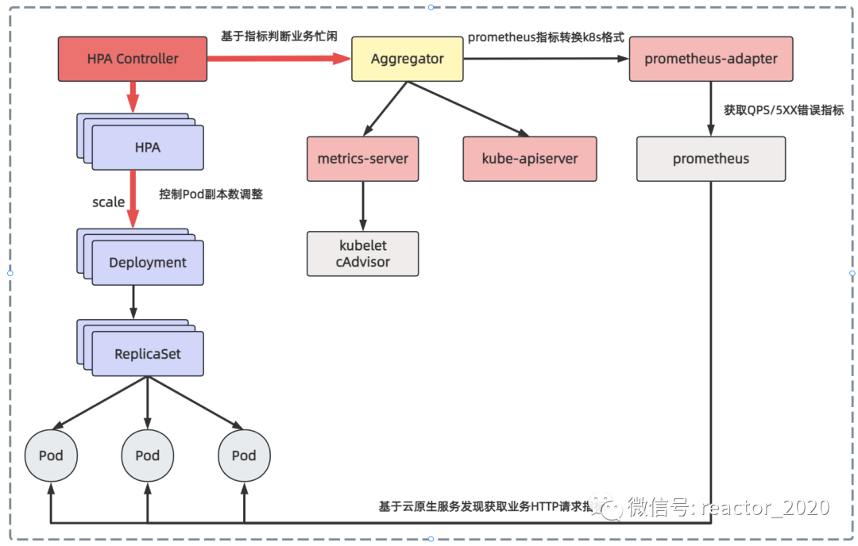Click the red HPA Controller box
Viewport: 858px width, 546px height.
tap(132, 59)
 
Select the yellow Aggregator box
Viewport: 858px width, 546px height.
tap(408, 59)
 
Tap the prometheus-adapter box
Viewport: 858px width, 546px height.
tap(711, 59)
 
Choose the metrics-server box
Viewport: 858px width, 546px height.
tap(362, 159)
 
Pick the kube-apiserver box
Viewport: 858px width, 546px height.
tap(530, 159)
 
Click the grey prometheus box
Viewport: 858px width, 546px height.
tap(710, 159)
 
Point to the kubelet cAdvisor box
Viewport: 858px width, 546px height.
tap(362, 254)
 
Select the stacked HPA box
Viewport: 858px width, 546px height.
tap(147, 148)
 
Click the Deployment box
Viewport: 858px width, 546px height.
tap(147, 263)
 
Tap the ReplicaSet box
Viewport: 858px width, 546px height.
tap(147, 354)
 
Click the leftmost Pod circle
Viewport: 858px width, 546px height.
tap(51, 456)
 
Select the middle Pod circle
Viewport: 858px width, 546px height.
tap(147, 456)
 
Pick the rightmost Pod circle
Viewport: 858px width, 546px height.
tap(244, 456)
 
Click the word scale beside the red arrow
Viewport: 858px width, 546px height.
tap(108, 202)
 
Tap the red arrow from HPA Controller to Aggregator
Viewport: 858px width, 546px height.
tap(278, 59)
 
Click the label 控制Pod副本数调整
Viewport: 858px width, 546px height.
tap(211, 194)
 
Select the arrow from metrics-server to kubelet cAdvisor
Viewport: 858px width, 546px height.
tap(363, 206)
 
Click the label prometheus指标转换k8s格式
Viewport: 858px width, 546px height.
tap(545, 37)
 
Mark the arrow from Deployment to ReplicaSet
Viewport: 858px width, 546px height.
tap(133, 302)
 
